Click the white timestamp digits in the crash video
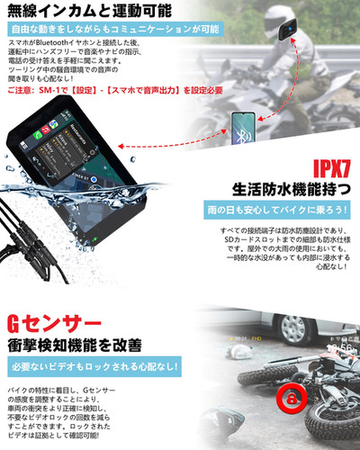[339, 348]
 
